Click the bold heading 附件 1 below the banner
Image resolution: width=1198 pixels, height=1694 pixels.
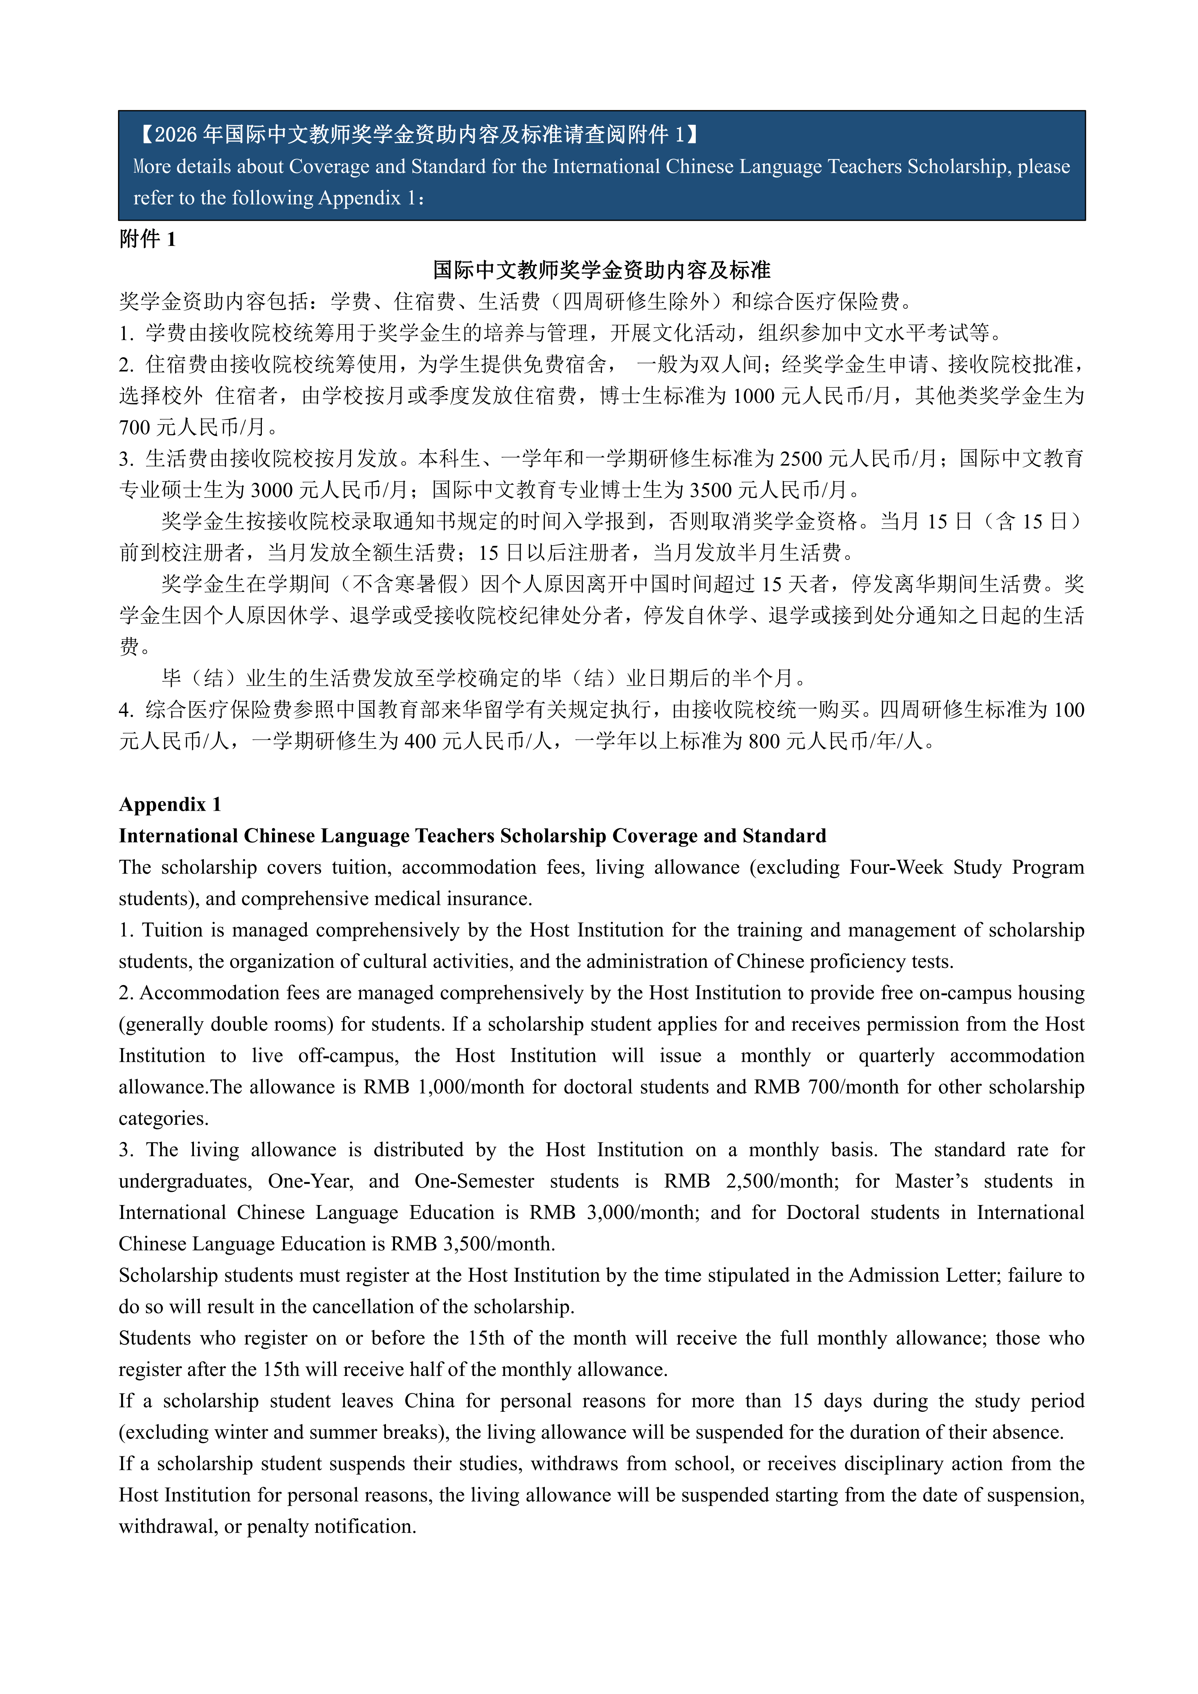coord(148,239)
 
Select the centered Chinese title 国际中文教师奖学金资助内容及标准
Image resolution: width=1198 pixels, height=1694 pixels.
coord(601,270)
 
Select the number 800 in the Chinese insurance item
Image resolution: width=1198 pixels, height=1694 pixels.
coord(764,741)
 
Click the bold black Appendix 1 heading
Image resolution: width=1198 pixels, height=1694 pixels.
coord(170,804)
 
